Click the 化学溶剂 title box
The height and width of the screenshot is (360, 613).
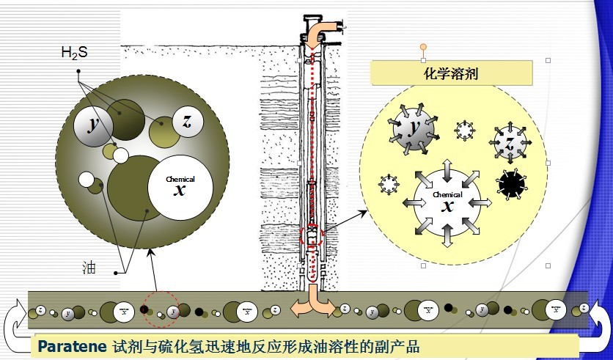451,73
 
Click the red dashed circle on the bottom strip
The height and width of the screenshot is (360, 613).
161,311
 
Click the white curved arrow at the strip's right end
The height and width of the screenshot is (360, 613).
598,320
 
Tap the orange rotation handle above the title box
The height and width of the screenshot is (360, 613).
423,47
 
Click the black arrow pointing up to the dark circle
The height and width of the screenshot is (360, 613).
155,271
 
